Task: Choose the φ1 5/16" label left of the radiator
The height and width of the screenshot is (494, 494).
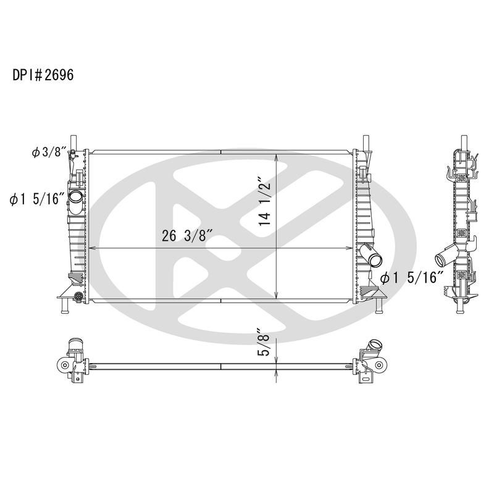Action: point(37,199)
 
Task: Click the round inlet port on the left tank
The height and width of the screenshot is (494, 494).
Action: point(75,197)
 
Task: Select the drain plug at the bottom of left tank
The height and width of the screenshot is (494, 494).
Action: point(78,298)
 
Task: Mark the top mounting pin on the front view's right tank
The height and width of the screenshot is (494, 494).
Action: point(366,141)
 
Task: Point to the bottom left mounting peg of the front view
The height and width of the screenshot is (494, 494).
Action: point(62,307)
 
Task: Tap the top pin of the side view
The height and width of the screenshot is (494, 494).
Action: point(462,142)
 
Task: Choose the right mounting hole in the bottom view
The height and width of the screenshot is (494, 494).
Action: point(378,366)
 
